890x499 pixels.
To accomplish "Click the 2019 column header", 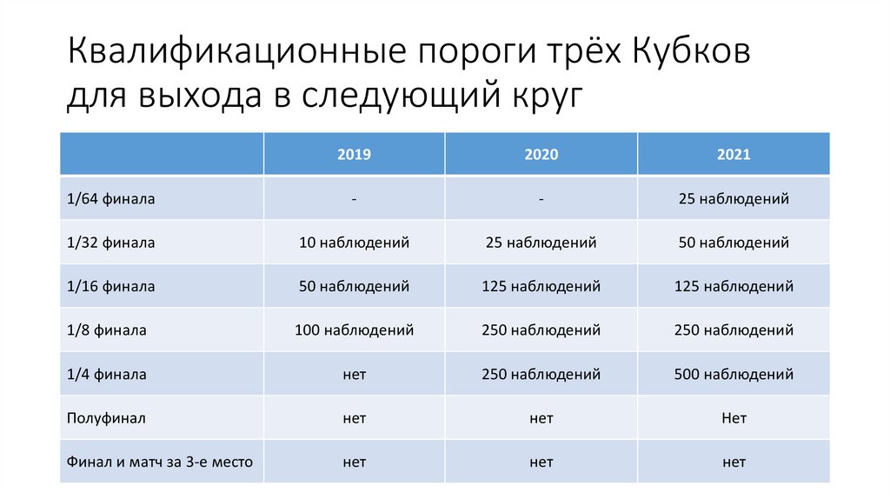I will (x=354, y=155).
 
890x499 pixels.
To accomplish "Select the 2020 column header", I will (x=541, y=155).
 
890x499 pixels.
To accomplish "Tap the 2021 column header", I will (x=734, y=155).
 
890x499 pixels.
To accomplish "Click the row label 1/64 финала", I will (x=110, y=199).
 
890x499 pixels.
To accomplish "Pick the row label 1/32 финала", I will (x=110, y=243).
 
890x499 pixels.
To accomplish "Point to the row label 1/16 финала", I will (x=110, y=286).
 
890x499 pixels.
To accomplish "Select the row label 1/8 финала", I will (x=106, y=330).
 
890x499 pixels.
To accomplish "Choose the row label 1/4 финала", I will (x=106, y=375).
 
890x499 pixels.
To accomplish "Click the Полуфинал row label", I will (x=105, y=418).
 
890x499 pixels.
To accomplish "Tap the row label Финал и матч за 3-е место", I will (x=160, y=462).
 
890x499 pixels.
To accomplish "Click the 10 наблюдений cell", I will (x=354, y=243).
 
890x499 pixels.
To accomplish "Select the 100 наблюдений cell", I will (x=354, y=330).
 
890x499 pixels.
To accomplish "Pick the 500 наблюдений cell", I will (x=734, y=375).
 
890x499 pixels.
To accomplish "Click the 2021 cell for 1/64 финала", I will (x=734, y=199).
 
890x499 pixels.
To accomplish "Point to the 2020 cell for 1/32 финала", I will (x=541, y=243).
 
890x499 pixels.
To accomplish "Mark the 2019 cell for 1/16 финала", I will (x=354, y=286).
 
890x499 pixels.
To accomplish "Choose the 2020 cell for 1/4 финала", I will (x=541, y=375).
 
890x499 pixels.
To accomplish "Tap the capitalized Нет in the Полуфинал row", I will (x=734, y=418).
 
